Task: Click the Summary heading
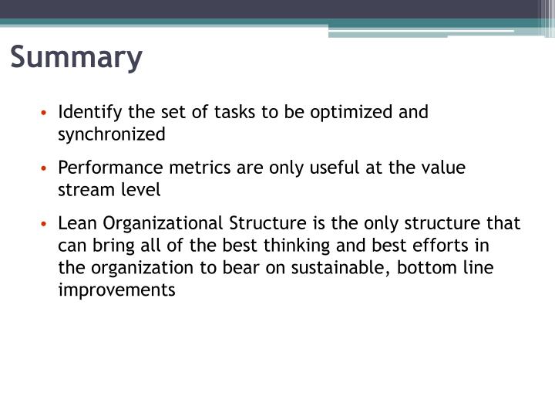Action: [77, 58]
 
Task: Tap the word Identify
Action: [86, 112]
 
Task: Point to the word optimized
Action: [351, 112]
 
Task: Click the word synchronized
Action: [112, 134]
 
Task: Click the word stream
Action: [82, 191]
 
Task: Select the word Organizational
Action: [163, 224]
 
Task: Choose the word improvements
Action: [117, 290]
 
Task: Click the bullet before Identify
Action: [46, 113]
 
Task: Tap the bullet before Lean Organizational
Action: [46, 225]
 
